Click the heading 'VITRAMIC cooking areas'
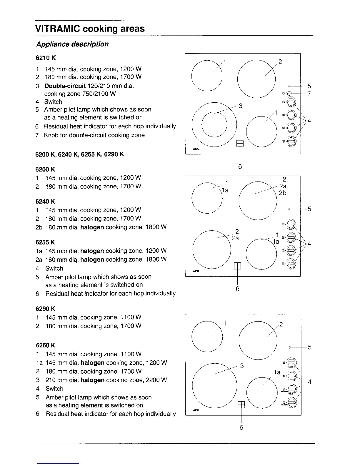pyautogui.click(x=90, y=29)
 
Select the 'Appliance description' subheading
pyautogui.click(x=72, y=44)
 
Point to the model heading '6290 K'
pyautogui.click(x=45, y=309)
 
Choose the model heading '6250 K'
pyautogui.click(x=45, y=345)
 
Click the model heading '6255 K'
pyautogui.click(x=45, y=242)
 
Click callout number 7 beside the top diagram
pyautogui.click(x=309, y=94)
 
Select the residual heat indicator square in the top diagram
pyautogui.click(x=240, y=143)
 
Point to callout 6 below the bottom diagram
pyautogui.click(x=241, y=427)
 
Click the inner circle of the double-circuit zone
pyautogui.click(x=214, y=125)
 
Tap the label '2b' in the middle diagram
pyautogui.click(x=282, y=193)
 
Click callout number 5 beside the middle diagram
pyautogui.click(x=309, y=209)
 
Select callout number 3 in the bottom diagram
pyautogui.click(x=242, y=366)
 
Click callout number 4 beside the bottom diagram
pyautogui.click(x=309, y=382)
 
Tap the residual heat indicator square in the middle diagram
pyautogui.click(x=237, y=266)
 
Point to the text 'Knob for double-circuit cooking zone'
pyautogui.click(x=94, y=135)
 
